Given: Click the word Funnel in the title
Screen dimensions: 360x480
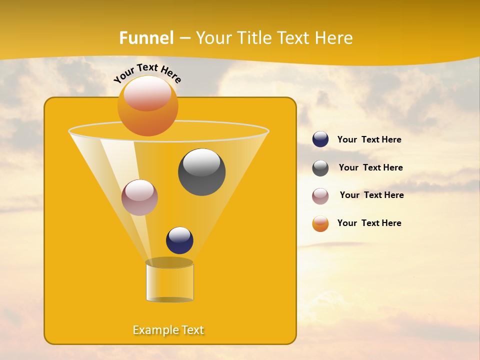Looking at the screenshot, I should [146, 38].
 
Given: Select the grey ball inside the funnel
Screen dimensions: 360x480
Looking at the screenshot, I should [201, 171].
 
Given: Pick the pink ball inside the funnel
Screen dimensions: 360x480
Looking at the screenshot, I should [139, 197].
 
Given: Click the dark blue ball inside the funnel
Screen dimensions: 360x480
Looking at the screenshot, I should [179, 240].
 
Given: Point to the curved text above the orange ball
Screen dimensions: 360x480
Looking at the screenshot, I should [147, 73].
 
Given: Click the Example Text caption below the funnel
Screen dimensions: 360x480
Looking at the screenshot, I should [168, 330].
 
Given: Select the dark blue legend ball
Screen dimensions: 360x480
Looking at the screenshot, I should [320, 139].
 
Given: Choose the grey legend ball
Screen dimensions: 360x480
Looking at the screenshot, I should [320, 168].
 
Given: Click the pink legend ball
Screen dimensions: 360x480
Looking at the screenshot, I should [320, 196].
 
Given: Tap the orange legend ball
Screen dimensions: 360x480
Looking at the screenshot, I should [320, 223].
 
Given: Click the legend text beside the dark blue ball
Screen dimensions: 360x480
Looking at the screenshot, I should [369, 140].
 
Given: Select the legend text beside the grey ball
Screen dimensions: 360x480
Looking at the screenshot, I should [370, 168].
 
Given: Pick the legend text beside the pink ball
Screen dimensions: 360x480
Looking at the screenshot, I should [371, 195].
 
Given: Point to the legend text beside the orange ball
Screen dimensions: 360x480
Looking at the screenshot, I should [369, 223].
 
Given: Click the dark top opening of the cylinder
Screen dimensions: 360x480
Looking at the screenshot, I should [169, 262].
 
